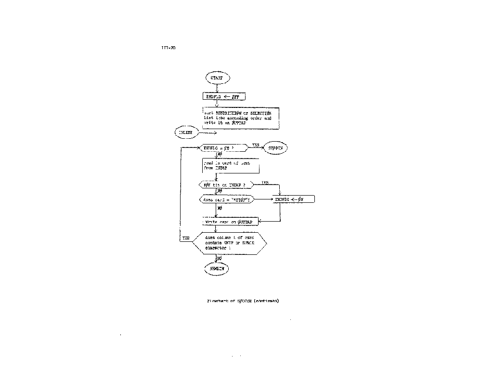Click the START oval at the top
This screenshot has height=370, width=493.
217,77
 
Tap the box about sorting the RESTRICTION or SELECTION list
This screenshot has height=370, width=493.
241,118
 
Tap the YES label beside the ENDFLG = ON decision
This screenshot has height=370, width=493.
256,145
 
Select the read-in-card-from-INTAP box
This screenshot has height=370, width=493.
231,166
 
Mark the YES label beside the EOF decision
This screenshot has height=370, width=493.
265,182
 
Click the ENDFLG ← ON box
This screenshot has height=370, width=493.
294,199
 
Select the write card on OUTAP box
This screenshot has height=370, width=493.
230,222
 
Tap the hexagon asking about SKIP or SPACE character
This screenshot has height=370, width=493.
229,243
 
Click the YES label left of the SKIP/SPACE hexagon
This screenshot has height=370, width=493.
186,238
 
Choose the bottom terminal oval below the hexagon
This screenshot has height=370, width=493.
217,269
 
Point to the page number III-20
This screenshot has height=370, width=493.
169,48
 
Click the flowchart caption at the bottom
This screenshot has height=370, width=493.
243,301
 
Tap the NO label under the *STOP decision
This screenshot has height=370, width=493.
220,209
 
